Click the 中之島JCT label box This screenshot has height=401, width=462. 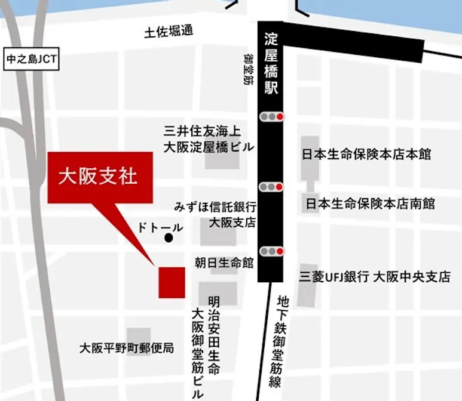(x=30, y=60)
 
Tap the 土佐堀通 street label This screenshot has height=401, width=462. (x=169, y=32)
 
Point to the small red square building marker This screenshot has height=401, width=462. (x=172, y=282)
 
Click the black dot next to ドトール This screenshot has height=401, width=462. (x=169, y=238)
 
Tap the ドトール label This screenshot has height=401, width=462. (x=160, y=227)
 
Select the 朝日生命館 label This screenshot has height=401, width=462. (x=224, y=262)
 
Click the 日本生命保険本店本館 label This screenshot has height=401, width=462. (x=366, y=155)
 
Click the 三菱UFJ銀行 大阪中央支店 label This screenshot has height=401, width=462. (x=375, y=277)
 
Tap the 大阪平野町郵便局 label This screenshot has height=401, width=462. (x=127, y=347)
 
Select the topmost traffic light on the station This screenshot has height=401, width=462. (x=272, y=117)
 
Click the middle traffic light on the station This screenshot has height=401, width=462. (x=272, y=187)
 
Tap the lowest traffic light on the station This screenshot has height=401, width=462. (x=272, y=251)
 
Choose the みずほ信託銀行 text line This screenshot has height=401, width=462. (x=215, y=207)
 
